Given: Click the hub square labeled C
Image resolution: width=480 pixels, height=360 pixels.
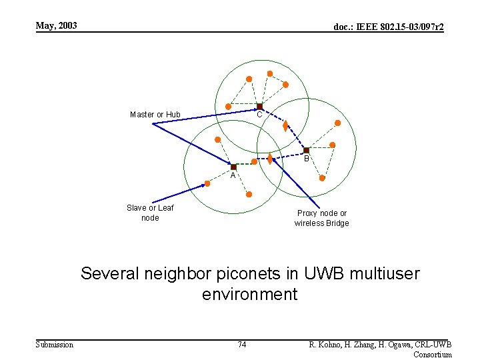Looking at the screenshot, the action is tap(259, 107).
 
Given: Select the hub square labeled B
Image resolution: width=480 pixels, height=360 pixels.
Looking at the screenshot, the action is tap(306, 151).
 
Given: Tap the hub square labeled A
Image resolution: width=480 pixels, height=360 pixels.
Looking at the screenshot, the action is tap(234, 167).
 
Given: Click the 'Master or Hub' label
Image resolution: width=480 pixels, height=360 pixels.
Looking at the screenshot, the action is tap(155, 115).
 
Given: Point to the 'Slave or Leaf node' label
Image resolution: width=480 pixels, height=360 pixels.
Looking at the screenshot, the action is tap(150, 213).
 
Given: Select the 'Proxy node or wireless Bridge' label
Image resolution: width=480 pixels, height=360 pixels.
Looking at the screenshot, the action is tap(322, 218).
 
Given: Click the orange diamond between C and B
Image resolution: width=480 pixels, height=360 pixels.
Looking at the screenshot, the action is tap(285, 125).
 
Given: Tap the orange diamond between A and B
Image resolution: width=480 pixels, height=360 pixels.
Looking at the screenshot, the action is tap(270, 159).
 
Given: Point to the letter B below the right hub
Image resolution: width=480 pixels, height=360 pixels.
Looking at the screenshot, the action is tap(307, 159).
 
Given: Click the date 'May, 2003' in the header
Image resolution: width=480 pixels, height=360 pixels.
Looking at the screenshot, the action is tap(57, 26).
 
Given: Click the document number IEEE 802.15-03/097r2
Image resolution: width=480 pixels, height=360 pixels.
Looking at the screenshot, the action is tap(389, 27).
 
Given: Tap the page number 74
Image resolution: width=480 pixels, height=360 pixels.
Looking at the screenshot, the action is tap(242, 344).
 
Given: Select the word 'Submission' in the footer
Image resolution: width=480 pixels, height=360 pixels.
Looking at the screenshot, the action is tap(54, 344).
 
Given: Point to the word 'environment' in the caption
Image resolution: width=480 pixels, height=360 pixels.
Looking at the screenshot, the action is tap(249, 294).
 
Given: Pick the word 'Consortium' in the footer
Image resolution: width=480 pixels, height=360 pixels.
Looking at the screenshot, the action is tap(433, 354).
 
